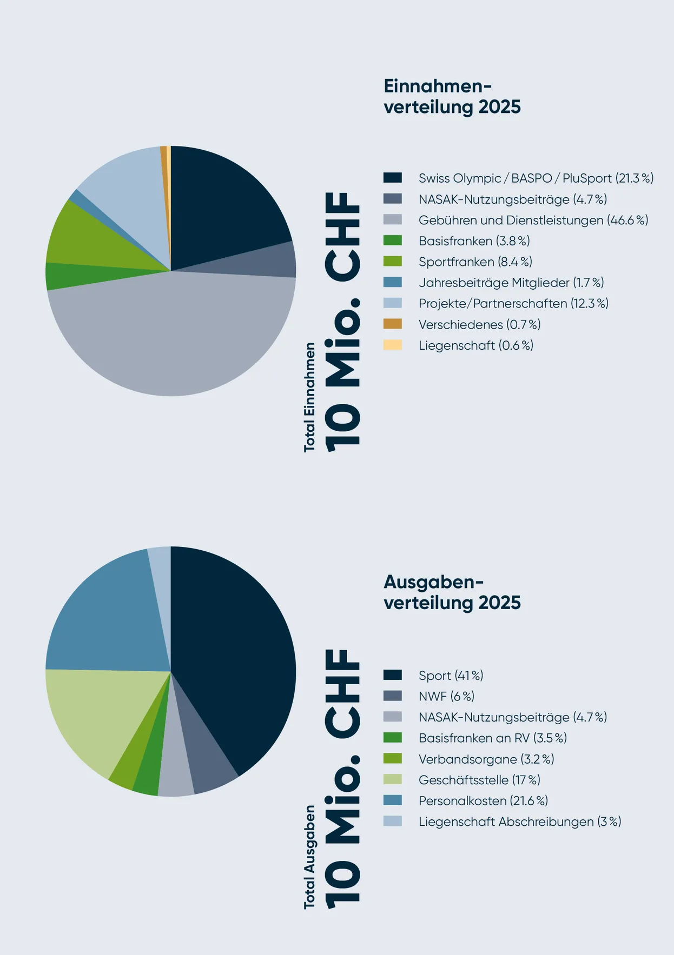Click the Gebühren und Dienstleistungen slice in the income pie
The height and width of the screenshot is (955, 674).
pyautogui.click(x=173, y=335)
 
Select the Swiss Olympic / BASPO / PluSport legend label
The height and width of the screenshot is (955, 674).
pyautogui.click(x=536, y=178)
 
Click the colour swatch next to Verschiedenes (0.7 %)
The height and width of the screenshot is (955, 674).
pyautogui.click(x=393, y=324)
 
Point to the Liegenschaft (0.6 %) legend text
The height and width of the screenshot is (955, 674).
pyautogui.click(x=475, y=345)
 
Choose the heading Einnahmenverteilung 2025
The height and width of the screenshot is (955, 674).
pyautogui.click(x=452, y=96)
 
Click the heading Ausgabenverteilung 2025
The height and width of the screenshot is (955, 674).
pyautogui.click(x=452, y=592)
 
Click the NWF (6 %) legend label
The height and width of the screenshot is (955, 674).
pyautogui.click(x=446, y=696)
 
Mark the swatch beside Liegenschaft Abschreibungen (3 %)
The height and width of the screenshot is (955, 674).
pyautogui.click(x=393, y=822)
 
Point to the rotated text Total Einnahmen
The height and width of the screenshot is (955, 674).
pyautogui.click(x=309, y=397)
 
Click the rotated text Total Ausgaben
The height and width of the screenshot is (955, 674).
pyautogui.click(x=309, y=857)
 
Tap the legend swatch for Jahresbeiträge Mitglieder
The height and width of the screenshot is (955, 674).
pyautogui.click(x=393, y=283)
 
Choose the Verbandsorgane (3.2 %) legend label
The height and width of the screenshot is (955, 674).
pyautogui.click(x=486, y=759)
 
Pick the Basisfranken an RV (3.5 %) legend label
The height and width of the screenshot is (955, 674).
pyautogui.click(x=492, y=738)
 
